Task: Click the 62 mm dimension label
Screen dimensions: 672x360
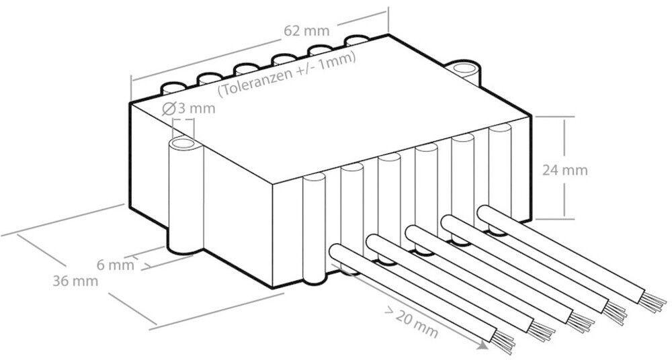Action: coord(307,31)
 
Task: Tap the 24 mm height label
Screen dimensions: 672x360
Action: coord(565,170)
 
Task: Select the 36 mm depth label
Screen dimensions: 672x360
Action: coord(75,281)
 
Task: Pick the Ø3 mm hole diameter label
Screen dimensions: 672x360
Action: coord(189,108)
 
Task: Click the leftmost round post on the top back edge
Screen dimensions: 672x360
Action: coord(173,89)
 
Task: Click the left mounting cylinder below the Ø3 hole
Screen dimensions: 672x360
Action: coord(184,198)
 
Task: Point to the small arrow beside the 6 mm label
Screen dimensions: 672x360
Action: coord(146,266)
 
